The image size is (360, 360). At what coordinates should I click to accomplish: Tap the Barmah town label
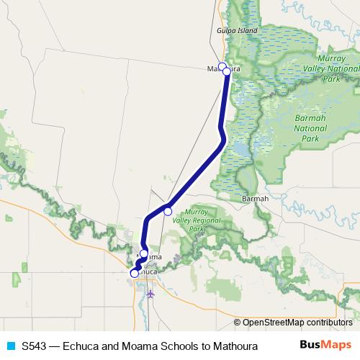coord(255,198)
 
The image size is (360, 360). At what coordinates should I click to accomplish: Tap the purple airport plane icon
coord(150,293)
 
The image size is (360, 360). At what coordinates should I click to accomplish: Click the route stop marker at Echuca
coord(135,274)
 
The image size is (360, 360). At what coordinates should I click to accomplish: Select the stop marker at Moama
coord(144,253)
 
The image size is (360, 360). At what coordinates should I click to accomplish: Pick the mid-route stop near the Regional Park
coord(168,211)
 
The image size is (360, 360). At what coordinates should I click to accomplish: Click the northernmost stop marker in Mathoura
coord(222,66)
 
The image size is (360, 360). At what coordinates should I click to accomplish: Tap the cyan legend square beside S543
coord(10,346)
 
